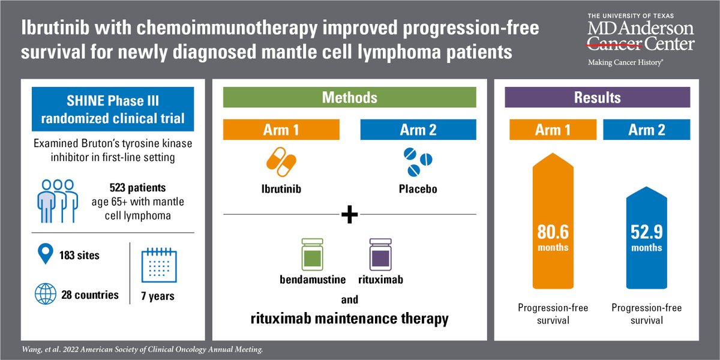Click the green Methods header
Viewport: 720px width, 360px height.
pos(349,97)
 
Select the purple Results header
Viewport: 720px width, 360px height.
pos(597,97)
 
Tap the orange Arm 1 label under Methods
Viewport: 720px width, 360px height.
pos(281,130)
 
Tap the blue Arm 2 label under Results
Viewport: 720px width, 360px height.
pos(647,130)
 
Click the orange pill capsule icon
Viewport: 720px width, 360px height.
pos(281,162)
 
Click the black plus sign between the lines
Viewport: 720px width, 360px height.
pos(349,214)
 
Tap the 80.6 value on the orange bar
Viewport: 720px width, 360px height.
pos(553,230)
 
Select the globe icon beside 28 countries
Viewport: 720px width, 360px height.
pos(45,295)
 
